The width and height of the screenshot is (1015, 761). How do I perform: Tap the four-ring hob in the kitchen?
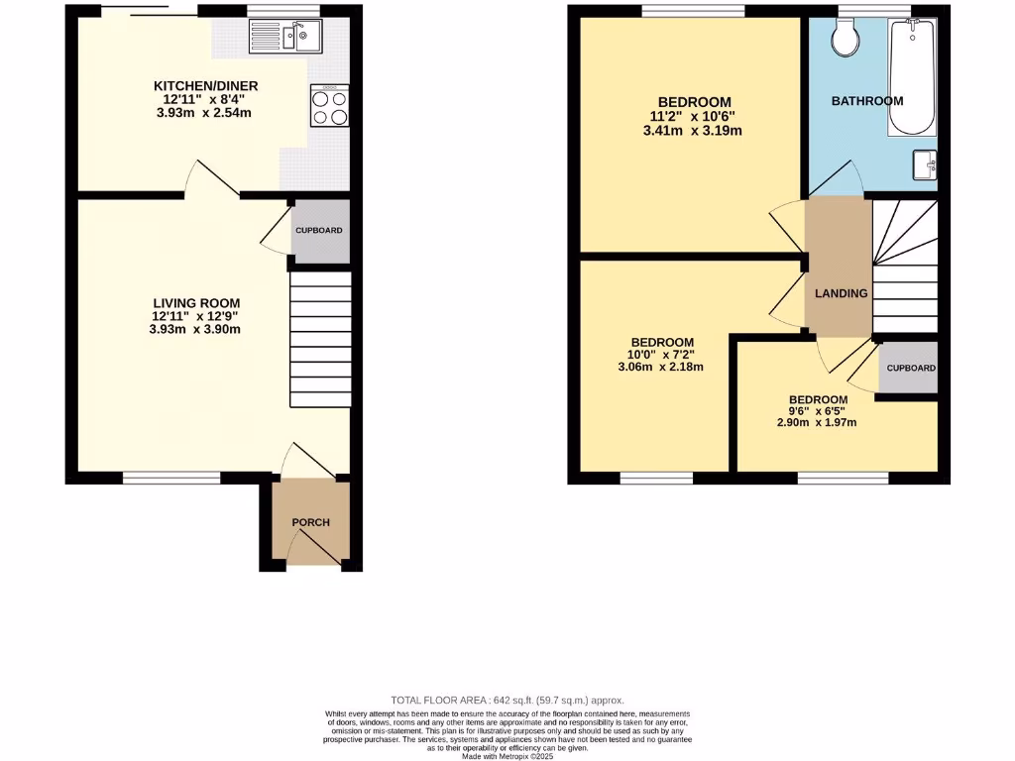pos(330,105)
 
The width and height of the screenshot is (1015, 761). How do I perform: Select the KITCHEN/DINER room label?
pos(194,85)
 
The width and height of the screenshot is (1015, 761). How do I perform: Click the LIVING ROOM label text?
pos(196,303)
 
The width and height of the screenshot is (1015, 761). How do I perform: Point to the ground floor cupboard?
pos(318,231)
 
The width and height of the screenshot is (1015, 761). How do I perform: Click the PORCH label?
pos(310,522)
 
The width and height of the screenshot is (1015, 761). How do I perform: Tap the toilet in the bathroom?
pos(846,39)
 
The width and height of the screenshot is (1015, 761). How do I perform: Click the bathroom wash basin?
pos(925,164)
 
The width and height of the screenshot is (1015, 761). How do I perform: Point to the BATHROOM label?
pos(867,101)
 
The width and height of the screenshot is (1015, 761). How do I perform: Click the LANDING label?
pos(842,293)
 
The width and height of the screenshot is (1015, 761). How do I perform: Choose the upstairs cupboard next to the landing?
pos(910,368)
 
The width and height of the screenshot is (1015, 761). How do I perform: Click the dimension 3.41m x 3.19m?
pos(694,130)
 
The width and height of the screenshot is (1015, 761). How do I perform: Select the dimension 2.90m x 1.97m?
pos(817,422)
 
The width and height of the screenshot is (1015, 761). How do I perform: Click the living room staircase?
pos(320,340)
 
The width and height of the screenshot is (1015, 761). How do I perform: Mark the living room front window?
pos(172,478)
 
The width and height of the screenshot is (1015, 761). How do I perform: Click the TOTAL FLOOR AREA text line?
pos(507,700)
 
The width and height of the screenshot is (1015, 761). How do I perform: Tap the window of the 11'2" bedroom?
pos(692,12)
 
